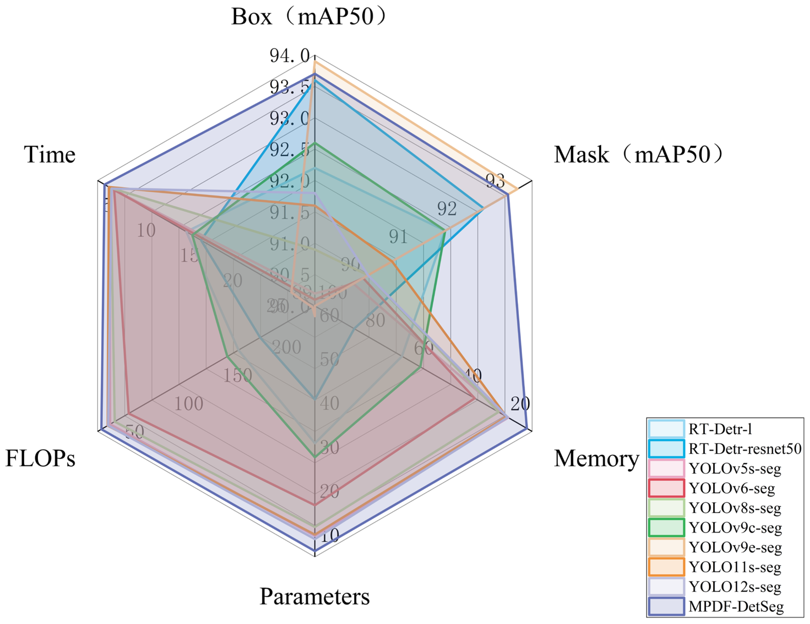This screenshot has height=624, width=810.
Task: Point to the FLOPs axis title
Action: (40, 458)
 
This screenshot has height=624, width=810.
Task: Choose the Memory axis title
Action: (596, 458)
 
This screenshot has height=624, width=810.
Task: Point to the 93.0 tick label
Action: (289, 119)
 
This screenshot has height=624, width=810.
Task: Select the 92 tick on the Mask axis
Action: (446, 209)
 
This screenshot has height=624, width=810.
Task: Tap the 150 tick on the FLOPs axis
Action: (237, 375)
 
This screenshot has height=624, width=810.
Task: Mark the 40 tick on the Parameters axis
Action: (329, 403)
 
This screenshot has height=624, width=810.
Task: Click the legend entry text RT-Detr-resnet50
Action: (745, 449)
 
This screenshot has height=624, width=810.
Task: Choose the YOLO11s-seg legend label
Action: (735, 567)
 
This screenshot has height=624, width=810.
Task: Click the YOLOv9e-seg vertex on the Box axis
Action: (314, 62)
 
